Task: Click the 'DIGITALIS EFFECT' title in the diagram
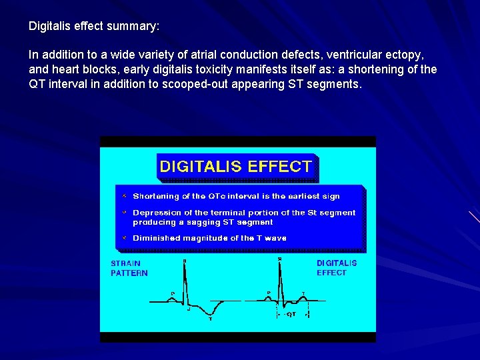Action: click(235, 167)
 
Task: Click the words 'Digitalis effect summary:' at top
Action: click(94, 27)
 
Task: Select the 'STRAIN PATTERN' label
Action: click(129, 268)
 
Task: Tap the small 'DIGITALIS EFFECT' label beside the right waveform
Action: click(337, 268)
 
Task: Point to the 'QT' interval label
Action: click(291, 313)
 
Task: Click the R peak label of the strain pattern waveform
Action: click(185, 261)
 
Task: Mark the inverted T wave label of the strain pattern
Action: click(211, 319)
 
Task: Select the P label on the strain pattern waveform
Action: click(173, 293)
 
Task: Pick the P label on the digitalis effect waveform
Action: click(269, 293)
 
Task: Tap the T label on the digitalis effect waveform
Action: click(303, 293)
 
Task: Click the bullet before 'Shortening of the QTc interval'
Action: click(124, 196)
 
